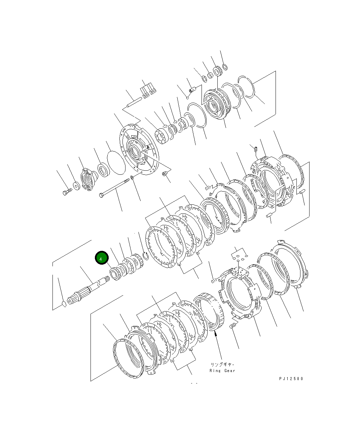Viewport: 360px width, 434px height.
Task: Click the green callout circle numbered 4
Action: [x=102, y=258]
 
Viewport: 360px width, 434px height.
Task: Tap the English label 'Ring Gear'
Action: [x=222, y=371]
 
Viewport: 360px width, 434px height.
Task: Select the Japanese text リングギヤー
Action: [x=222, y=365]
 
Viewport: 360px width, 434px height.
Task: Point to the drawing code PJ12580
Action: [x=291, y=378]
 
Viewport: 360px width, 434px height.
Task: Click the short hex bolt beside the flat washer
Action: [x=67, y=192]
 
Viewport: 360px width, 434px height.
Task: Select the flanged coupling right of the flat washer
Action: [x=89, y=179]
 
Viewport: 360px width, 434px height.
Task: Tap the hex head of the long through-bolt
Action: [x=101, y=195]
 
